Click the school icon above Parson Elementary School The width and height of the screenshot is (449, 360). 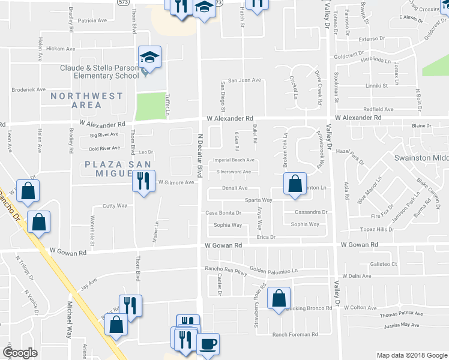point(149,58)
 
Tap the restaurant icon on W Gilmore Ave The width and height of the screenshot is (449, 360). point(142,180)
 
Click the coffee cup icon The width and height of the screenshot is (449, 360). point(208,344)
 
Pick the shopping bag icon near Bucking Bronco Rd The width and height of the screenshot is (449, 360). point(279,299)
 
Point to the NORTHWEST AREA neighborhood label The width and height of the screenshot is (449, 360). point(87,100)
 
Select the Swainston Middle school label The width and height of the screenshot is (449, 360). point(421,158)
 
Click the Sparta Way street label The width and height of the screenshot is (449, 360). point(258,200)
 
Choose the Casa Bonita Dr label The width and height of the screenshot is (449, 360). point(223,212)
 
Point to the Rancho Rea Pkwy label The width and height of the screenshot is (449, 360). point(226,269)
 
